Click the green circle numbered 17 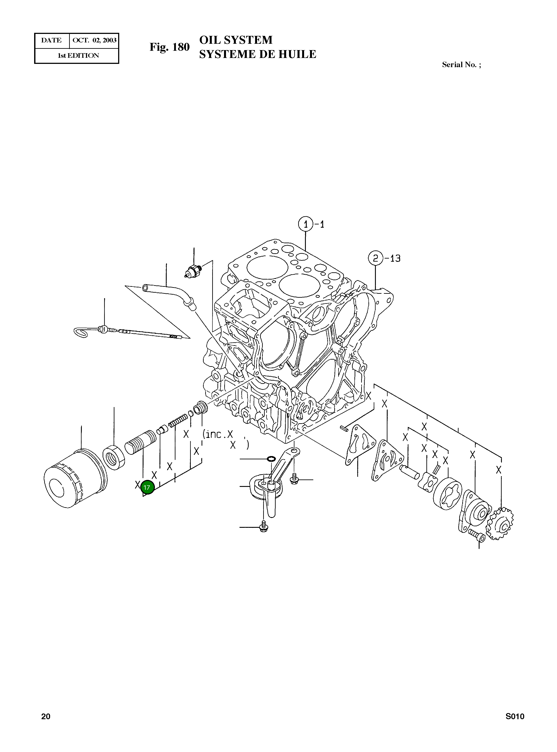pos(147,487)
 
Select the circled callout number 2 pos(376,259)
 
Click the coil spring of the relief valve pos(178,421)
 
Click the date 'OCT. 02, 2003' pos(95,40)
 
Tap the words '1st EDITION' pos(78,56)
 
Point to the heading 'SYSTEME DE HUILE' pos(257,54)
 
